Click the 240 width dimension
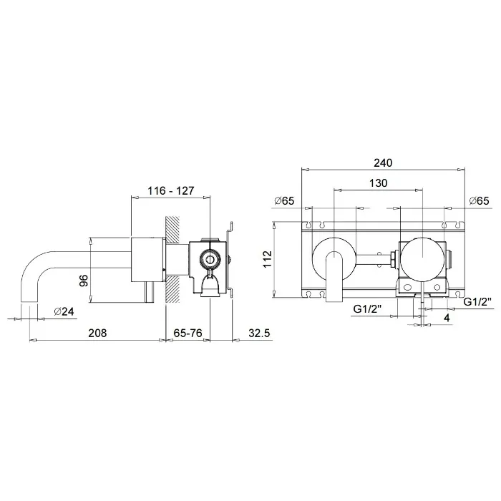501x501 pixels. coord(383,163)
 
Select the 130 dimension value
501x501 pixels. coord(379,183)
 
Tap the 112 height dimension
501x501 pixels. coord(268,259)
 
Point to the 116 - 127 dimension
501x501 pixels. coord(170,191)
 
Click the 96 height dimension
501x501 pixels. coord(84,281)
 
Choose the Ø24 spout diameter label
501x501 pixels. coord(64,311)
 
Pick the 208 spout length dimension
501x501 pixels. coord(97,333)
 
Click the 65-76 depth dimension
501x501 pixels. coord(188,333)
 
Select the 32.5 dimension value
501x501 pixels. coord(259,333)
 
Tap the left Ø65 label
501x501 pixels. coord(284,200)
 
